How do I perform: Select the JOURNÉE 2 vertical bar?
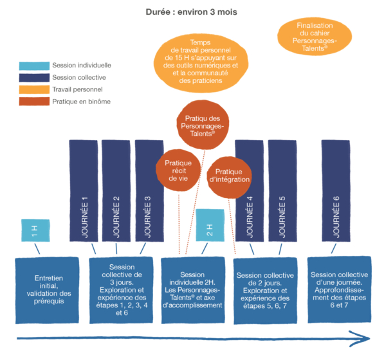point(116,193)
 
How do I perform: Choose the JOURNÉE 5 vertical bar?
point(282,193)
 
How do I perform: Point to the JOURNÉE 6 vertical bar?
point(336,193)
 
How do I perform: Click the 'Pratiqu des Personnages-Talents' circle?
point(204,123)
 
